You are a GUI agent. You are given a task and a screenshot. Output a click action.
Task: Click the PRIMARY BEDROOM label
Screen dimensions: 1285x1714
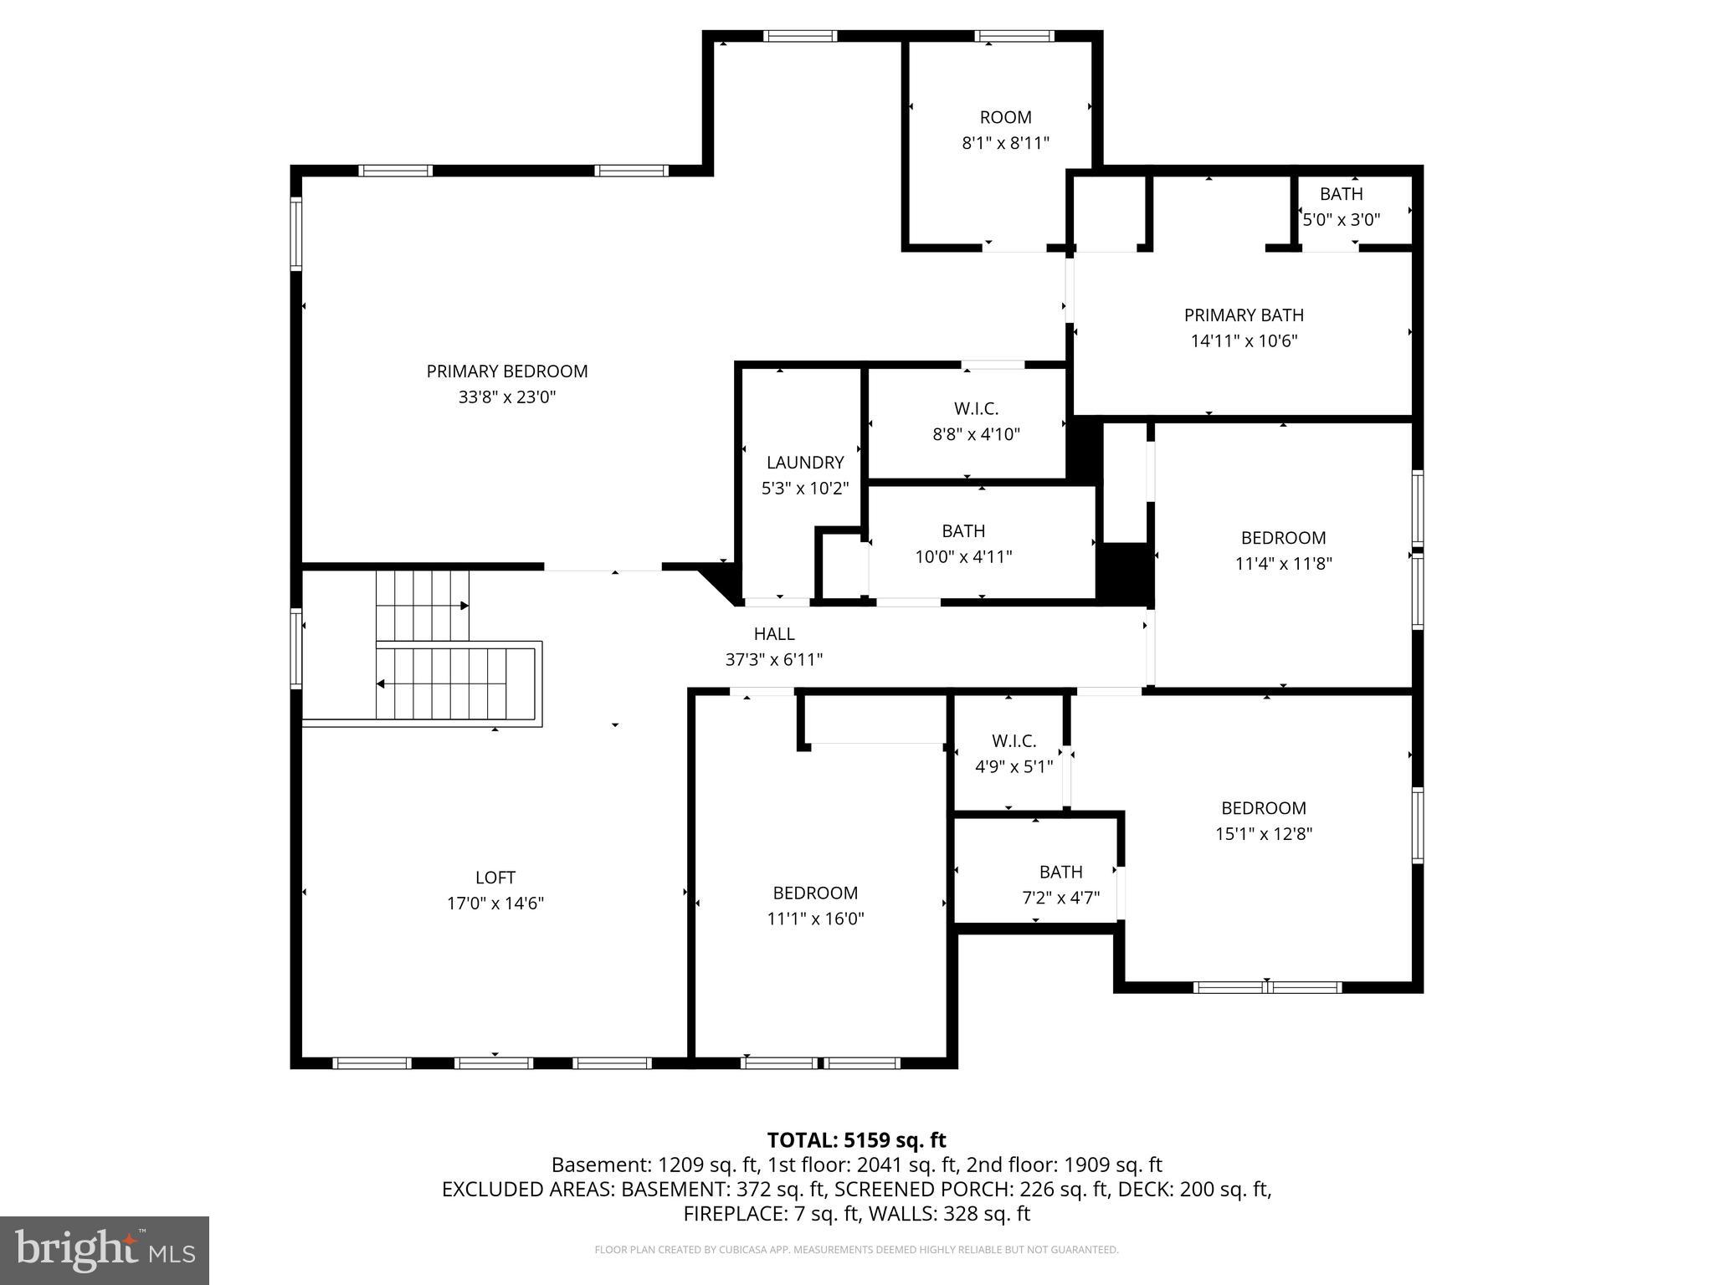point(507,371)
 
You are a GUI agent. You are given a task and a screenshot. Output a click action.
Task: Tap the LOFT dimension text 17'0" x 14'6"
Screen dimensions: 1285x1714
point(495,904)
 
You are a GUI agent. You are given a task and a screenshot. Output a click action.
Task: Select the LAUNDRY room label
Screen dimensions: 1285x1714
point(805,463)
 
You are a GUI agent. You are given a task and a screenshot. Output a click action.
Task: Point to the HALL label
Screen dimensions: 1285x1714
point(774,634)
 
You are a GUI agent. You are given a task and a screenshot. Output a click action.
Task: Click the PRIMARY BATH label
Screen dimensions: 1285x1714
point(1244,315)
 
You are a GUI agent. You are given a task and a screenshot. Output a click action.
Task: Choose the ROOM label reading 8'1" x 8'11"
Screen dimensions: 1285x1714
point(1005,118)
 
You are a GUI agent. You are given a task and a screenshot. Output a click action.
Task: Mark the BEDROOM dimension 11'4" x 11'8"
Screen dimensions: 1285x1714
point(1283,564)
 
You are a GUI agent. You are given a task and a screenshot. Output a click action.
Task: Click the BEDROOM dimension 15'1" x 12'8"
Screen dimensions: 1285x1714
point(1264,834)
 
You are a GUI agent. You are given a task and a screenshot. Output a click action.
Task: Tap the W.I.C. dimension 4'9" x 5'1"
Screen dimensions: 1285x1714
point(1014,766)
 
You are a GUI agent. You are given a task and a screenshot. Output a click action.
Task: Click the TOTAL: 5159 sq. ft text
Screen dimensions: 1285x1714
point(856,1140)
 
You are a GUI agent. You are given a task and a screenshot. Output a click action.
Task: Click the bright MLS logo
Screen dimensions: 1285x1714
point(105,1250)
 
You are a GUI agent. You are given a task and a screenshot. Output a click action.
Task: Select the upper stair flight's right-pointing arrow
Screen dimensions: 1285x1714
point(464,605)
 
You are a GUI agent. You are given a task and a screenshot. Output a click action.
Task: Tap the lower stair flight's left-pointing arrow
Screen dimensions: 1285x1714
point(381,684)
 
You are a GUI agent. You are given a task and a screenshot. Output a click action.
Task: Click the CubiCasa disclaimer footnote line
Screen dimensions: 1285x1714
point(856,1250)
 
